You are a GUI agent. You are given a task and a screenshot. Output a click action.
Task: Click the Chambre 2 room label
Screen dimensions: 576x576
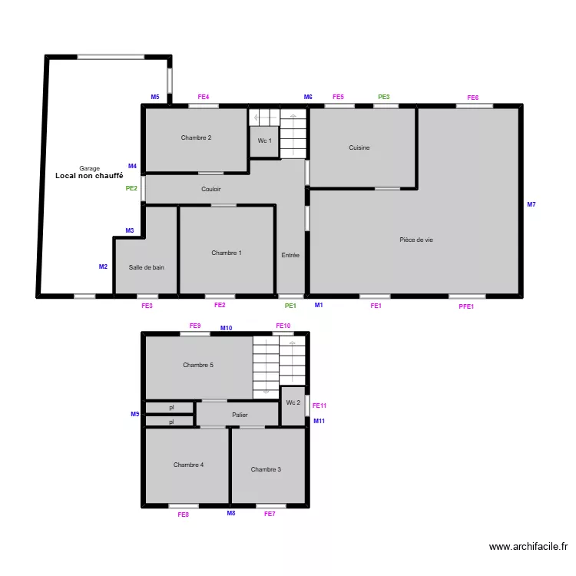196,137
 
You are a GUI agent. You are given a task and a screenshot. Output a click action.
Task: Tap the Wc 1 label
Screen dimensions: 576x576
264,141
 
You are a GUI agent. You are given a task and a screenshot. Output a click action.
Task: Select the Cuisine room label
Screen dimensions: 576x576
359,147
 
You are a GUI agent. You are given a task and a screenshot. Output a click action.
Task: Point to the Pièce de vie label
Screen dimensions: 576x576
416,240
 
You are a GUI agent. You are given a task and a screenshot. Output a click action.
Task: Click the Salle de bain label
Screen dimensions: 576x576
147,267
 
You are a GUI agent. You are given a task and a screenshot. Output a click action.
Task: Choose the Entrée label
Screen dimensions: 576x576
290,255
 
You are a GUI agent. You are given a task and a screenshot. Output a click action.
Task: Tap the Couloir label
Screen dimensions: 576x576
211,189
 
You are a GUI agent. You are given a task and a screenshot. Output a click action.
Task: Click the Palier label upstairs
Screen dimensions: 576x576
240,415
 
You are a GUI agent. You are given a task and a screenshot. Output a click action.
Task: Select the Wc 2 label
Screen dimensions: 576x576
293,402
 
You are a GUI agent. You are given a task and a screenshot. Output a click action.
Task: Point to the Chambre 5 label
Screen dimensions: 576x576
198,365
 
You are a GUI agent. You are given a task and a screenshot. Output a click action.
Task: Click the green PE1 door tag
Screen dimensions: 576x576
290,306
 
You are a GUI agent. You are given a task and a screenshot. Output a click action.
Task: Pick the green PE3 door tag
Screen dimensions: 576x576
384,97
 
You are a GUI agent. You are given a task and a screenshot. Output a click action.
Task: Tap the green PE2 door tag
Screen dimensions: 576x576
131,188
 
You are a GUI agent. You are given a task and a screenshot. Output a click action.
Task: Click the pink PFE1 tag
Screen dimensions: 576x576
466,306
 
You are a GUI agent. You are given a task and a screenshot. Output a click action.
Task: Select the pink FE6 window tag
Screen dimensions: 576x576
473,98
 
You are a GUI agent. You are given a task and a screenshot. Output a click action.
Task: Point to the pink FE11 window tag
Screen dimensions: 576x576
319,406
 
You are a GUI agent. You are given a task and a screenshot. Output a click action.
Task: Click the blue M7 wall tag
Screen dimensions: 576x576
531,204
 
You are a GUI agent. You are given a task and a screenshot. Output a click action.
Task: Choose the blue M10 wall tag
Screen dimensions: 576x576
227,328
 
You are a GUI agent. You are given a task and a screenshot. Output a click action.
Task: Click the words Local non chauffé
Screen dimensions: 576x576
89,176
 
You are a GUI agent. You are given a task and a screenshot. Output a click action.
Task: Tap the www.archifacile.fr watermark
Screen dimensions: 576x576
528,547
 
